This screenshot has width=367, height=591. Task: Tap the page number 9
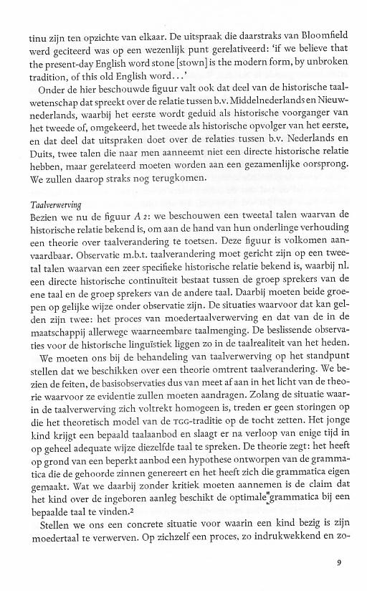338,562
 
